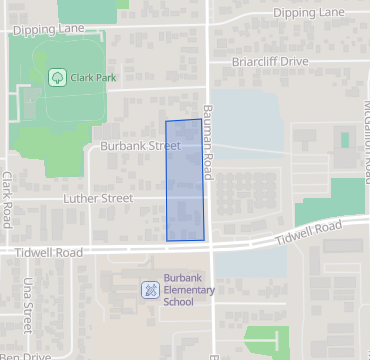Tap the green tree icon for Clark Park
coord(57,77)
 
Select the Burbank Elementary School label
coord(189,290)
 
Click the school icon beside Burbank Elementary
coord(150,290)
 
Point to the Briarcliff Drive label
coord(270,61)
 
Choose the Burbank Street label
coord(140,146)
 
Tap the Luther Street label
coord(103,199)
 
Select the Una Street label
coord(28,304)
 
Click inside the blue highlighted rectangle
coord(185,181)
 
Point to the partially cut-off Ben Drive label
coord(24,355)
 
